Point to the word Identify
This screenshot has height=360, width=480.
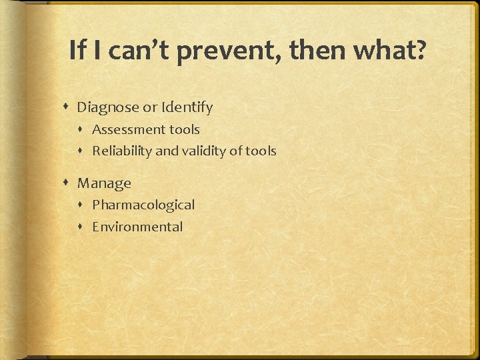(x=188, y=107)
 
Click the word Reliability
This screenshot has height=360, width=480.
(x=122, y=151)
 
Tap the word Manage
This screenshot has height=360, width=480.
(x=104, y=183)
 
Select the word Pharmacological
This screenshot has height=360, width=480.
(x=143, y=205)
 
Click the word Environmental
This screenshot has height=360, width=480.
(x=137, y=227)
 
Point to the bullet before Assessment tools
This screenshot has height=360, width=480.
(x=82, y=130)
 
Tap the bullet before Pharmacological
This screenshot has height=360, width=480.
(x=82, y=205)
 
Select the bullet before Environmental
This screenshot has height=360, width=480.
(x=82, y=227)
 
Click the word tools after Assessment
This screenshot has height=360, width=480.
(x=184, y=129)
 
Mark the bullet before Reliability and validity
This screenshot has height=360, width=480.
(x=82, y=151)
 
